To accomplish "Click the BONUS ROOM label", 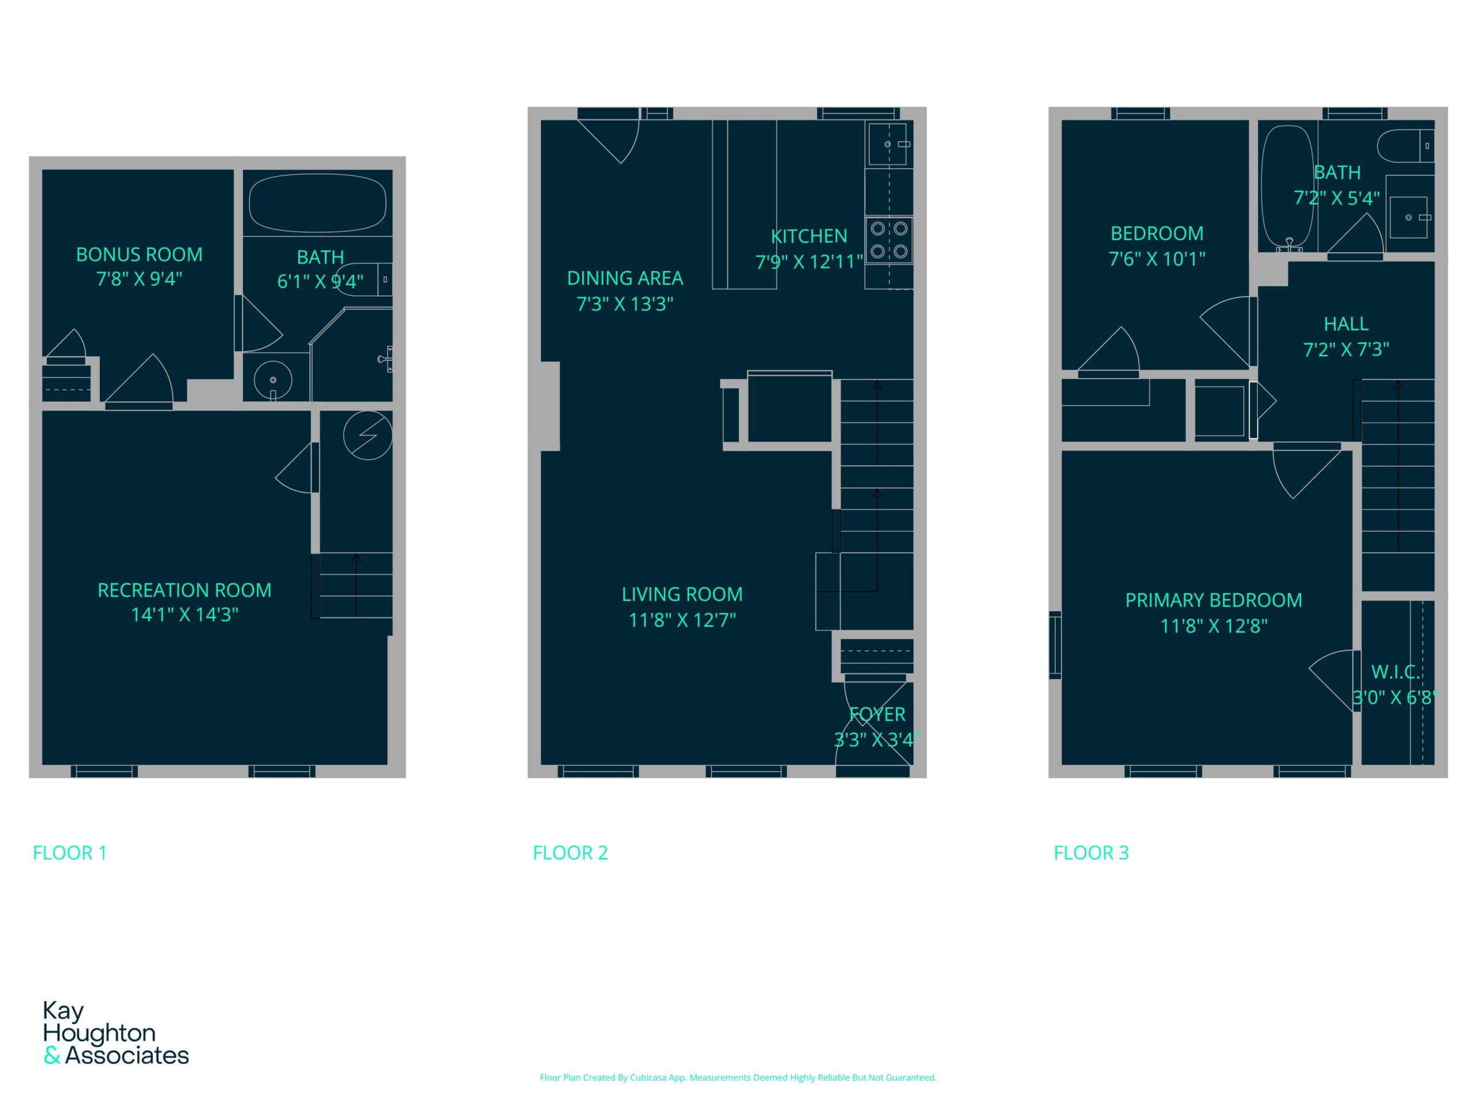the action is (139, 254).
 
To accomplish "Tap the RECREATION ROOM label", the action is (184, 590).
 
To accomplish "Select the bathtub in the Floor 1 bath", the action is (317, 203).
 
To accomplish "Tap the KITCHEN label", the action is (809, 236).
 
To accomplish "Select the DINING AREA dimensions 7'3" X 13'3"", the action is (624, 304).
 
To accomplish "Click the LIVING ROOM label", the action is (682, 594).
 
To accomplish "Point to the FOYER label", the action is (878, 714).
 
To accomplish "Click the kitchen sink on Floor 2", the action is (888, 144).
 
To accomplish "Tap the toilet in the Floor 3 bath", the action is (1405, 146).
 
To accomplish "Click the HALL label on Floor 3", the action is (1345, 324).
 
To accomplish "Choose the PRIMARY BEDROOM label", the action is (1213, 600).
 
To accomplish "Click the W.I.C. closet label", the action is (1395, 672).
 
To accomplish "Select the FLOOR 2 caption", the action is (570, 853).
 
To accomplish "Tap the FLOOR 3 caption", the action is (1091, 853).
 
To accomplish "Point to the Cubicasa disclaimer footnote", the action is (738, 1077).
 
